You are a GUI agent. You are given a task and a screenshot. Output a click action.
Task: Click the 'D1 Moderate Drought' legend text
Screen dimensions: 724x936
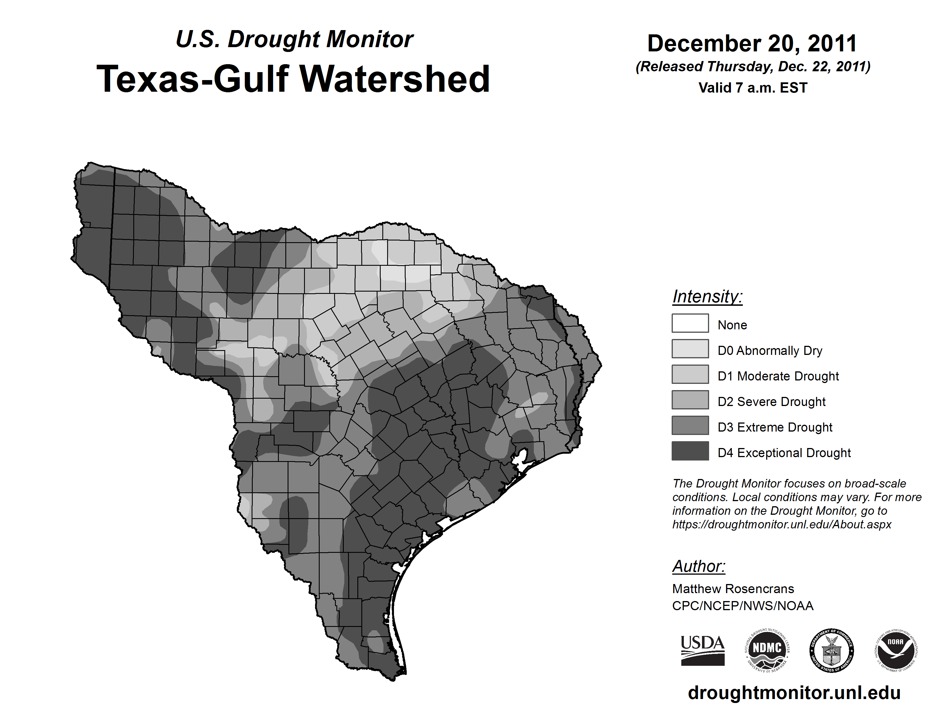click(778, 376)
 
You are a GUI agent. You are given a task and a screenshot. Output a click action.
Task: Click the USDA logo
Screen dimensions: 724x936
click(703, 650)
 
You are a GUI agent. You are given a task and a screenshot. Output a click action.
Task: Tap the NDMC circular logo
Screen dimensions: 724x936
click(767, 650)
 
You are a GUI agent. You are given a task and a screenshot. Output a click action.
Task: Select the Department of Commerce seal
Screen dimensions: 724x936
click(831, 650)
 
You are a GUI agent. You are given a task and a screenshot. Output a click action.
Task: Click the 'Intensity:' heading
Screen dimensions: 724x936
click(707, 296)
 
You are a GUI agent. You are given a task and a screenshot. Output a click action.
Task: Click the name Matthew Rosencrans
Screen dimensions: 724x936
click(733, 589)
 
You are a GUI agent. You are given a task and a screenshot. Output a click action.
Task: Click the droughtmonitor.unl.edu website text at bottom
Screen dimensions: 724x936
click(794, 693)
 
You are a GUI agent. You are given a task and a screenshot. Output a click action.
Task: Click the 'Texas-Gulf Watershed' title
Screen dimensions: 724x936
click(293, 79)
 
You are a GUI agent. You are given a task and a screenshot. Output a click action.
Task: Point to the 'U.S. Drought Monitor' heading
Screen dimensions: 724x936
click(294, 39)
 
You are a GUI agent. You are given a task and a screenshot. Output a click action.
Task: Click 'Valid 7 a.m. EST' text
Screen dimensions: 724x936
click(752, 88)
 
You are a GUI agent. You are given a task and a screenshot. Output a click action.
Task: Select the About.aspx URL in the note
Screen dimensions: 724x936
click(782, 524)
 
